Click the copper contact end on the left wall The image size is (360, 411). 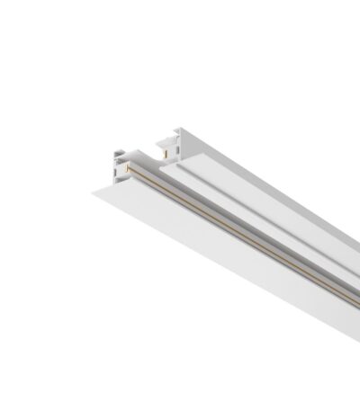tap(128, 167)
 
